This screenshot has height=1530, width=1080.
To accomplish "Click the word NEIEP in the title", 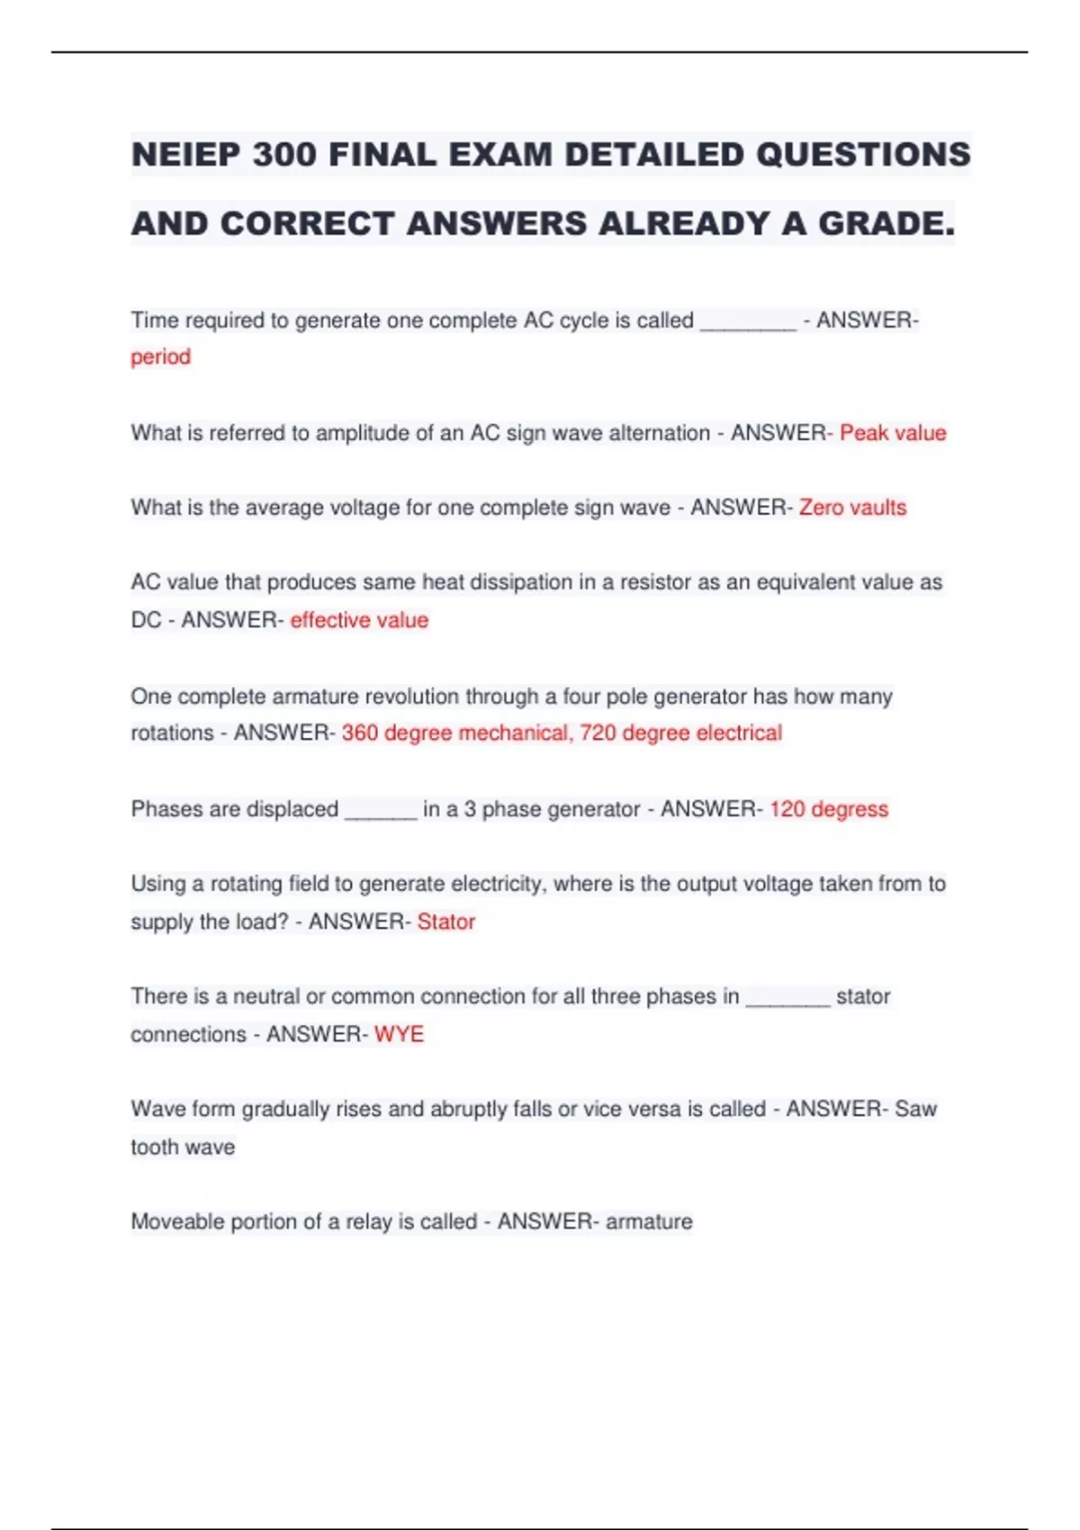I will [185, 155].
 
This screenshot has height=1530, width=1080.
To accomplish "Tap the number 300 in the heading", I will [283, 155].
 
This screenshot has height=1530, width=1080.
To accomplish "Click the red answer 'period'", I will [160, 357].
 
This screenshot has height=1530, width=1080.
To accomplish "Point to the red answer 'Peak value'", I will [892, 433].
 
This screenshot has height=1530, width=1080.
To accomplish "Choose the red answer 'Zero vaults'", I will [852, 508].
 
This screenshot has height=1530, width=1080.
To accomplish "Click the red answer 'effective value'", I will [359, 620].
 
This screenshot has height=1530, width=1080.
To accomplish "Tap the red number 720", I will [598, 733].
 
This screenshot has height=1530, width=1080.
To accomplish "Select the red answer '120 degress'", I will [828, 809].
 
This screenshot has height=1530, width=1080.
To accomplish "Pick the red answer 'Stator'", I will [445, 922].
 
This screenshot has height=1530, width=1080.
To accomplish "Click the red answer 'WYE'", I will [399, 1034].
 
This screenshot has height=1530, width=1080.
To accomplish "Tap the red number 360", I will [359, 733].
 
